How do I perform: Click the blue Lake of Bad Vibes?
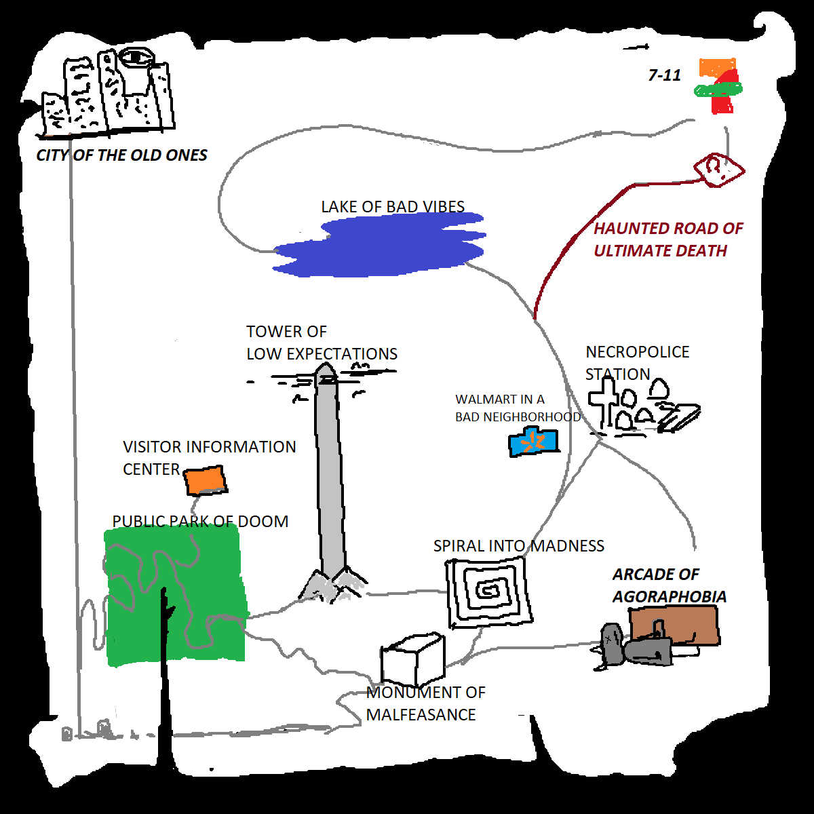click(x=380, y=246)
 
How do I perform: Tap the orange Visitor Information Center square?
click(x=205, y=480)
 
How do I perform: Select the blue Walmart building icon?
click(x=533, y=442)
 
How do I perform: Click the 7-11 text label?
click(x=664, y=75)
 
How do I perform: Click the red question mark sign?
click(x=717, y=168)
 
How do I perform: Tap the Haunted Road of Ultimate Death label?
click(x=667, y=239)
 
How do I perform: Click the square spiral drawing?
click(x=488, y=591)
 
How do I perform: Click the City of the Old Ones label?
click(x=121, y=155)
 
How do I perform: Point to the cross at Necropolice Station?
click(x=603, y=403)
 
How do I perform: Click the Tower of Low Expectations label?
click(x=321, y=343)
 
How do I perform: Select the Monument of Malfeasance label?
click(x=425, y=703)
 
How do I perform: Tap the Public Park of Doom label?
click(x=200, y=521)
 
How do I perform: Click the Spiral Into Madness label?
click(x=518, y=546)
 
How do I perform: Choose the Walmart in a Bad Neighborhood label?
click(x=517, y=408)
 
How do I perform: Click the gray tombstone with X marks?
click(x=613, y=642)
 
